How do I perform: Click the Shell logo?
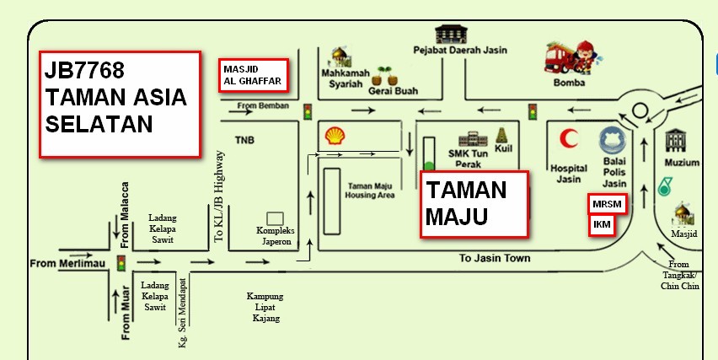335,135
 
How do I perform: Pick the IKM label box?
602,225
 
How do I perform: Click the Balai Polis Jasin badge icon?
611,142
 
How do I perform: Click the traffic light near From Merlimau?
121,263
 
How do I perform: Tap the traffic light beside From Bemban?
308,111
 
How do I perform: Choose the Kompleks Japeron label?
274,235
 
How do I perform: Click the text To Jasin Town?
495,258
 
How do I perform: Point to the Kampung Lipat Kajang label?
265,307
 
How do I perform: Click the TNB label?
244,140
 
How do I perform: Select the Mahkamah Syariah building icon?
340,56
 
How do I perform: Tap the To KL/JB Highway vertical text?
220,196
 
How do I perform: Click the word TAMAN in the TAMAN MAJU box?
466,190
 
